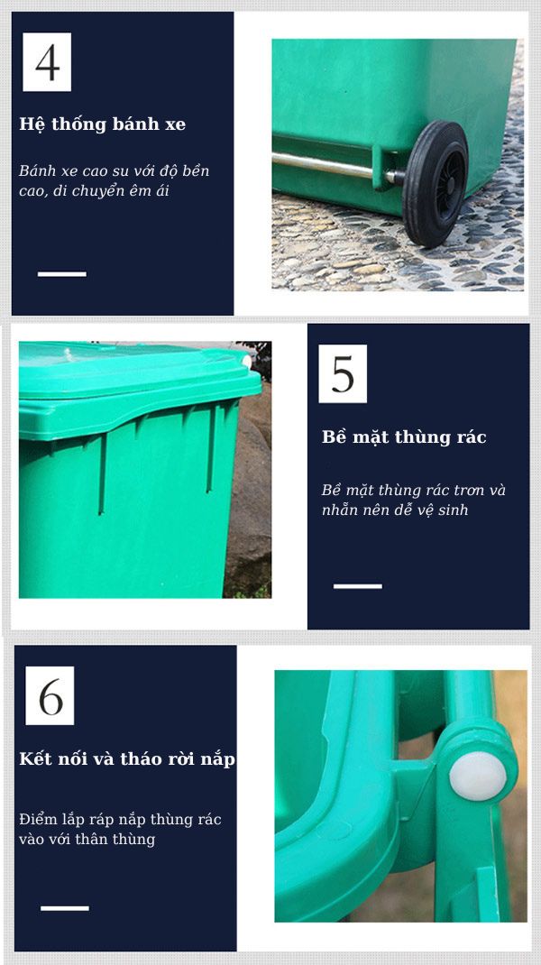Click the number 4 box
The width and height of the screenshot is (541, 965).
coord(47,61)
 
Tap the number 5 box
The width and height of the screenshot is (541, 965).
coord(343,373)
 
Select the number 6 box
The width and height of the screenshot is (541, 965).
coord(50,695)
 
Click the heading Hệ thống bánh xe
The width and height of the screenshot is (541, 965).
coord(102,124)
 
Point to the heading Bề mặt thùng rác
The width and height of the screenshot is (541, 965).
coord(404,437)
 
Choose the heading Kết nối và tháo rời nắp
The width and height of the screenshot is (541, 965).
coord(127,758)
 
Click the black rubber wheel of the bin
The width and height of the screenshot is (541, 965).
coord(435,183)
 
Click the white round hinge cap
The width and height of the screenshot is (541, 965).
coord(478,777)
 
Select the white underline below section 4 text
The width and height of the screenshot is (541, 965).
coord(61,274)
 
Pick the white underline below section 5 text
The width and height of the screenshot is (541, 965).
coord(358,586)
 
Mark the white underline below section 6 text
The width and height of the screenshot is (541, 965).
coord(65,908)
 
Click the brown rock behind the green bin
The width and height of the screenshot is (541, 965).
coord(249,492)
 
